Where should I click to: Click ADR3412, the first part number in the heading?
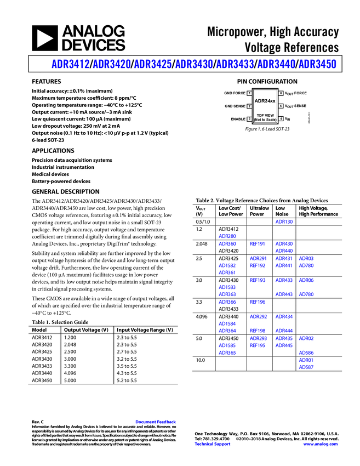[70, 64]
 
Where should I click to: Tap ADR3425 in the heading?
[153, 64]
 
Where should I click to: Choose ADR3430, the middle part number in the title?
[193, 64]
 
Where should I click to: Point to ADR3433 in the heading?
[235, 64]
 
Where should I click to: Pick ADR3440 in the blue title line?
[276, 64]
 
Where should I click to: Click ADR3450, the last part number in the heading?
[317, 64]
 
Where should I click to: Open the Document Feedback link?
[156, 422]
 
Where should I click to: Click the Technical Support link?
[213, 444]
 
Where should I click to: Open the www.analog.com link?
[321, 444]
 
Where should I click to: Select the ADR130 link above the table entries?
[284, 222]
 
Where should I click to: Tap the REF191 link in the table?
[258, 244]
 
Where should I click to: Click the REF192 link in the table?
[258, 265]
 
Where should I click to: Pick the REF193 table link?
[258, 281]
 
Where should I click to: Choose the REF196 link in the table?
[258, 302]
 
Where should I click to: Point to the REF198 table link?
[258, 331]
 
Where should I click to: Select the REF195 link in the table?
[258, 346]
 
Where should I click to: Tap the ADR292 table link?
[284, 331]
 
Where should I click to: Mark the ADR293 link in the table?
[284, 346]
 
